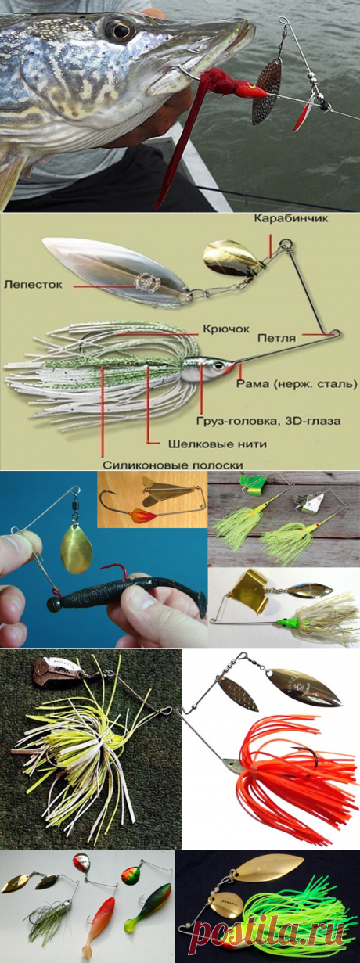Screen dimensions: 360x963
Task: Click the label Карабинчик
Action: coord(291,218)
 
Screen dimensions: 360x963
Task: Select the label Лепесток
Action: coord(33,284)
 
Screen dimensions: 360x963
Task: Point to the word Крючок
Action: coord(226,329)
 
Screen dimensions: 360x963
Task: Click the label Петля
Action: coord(276,338)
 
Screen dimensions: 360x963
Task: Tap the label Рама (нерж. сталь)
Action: coord(297,383)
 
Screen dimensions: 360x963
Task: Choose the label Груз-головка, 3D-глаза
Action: coord(268,421)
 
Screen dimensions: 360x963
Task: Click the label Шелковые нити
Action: coord(218,444)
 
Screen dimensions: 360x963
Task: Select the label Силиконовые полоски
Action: coord(173,465)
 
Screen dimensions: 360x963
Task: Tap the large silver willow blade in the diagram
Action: coord(115,271)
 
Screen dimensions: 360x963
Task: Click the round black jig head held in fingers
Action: coord(55,604)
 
